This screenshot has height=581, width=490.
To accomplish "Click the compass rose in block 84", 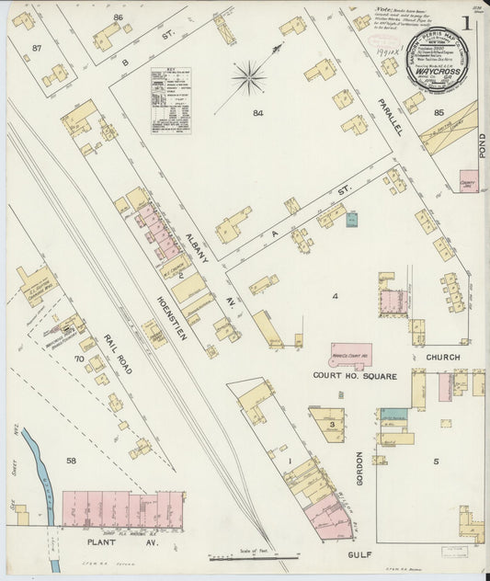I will pos(249,78).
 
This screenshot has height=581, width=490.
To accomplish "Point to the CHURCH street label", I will pos(442,358).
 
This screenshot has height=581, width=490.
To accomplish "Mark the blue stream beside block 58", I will pos(39,465).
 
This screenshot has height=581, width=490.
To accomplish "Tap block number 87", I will pos(37,47).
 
